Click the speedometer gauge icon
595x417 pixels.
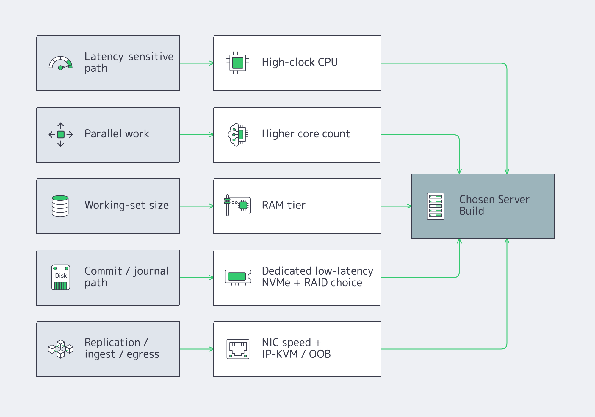point(61,63)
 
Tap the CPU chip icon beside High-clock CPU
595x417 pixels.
point(238,63)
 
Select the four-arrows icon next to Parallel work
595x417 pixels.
point(61,135)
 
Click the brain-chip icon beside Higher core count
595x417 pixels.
point(238,135)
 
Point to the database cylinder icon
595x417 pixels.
point(60,206)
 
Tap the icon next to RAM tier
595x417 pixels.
point(237,205)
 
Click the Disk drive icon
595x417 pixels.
point(61,277)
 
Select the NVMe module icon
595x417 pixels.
point(238,277)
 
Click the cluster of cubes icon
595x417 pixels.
point(61,349)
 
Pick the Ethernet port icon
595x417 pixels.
point(238,349)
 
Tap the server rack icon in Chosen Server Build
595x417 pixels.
point(435,206)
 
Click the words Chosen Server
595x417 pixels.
point(494,199)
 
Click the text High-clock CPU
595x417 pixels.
point(300,62)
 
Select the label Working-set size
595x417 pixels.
point(126,205)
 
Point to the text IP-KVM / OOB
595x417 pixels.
point(296,354)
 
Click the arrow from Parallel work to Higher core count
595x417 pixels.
point(197,135)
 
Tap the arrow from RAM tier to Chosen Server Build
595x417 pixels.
point(396,206)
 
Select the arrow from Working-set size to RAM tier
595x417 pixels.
point(197,206)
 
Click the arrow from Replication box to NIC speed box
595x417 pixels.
point(197,349)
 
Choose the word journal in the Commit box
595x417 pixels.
point(151,271)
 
